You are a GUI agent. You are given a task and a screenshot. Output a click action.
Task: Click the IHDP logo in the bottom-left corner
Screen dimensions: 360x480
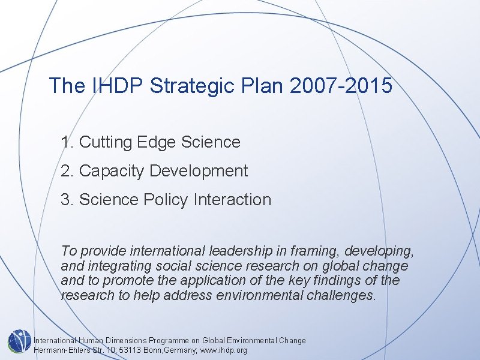pos(19,341)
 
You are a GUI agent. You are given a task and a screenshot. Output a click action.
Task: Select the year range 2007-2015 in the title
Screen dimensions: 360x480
pos(340,86)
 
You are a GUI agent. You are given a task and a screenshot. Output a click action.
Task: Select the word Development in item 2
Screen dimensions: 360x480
pos(199,171)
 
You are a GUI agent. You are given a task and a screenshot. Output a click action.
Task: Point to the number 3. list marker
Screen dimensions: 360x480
pos(67,200)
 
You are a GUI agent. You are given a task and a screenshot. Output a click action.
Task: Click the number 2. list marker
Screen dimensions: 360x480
pos(67,171)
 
